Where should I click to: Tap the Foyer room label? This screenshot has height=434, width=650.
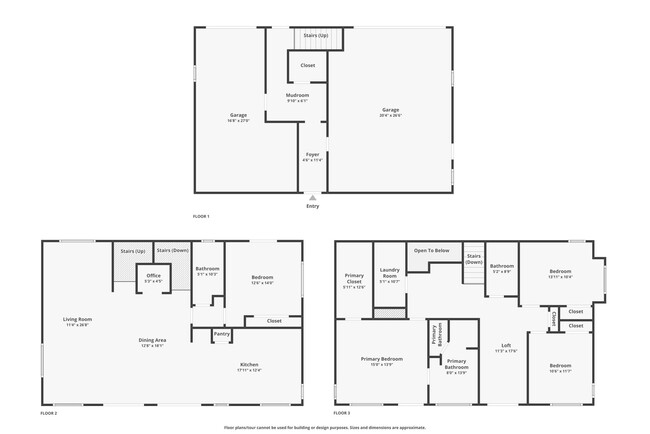tap(313, 155)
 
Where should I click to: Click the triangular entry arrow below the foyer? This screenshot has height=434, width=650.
tap(313, 198)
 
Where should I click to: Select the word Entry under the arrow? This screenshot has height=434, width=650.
tap(313, 206)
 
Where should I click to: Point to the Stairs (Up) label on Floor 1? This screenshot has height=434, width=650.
tap(316, 35)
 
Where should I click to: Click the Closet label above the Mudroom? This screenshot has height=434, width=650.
tap(308, 65)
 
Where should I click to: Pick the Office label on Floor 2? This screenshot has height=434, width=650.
tap(153, 276)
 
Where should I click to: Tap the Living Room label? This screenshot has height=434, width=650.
tap(77, 320)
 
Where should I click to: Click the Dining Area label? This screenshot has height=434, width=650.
tap(152, 341)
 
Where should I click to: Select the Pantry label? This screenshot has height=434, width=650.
tap(221, 334)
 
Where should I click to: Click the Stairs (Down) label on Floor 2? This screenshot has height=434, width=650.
tap(172, 250)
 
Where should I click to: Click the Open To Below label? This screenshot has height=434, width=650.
tap(431, 250)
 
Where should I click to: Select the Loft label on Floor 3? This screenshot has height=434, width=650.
tap(505, 346)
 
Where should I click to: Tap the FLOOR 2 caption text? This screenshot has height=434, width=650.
tap(49, 413)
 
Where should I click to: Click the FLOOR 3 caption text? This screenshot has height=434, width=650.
tap(343, 413)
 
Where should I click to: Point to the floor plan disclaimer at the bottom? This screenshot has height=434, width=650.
tap(324, 427)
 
